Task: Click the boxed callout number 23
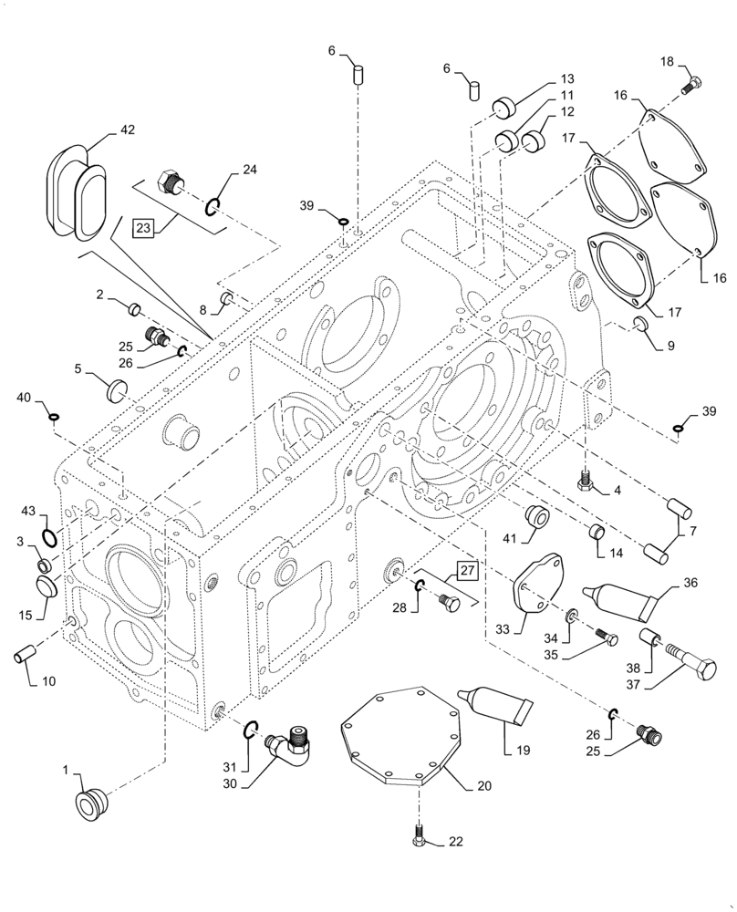144,228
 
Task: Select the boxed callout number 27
466,572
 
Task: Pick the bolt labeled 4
584,480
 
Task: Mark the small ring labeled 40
54,418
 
